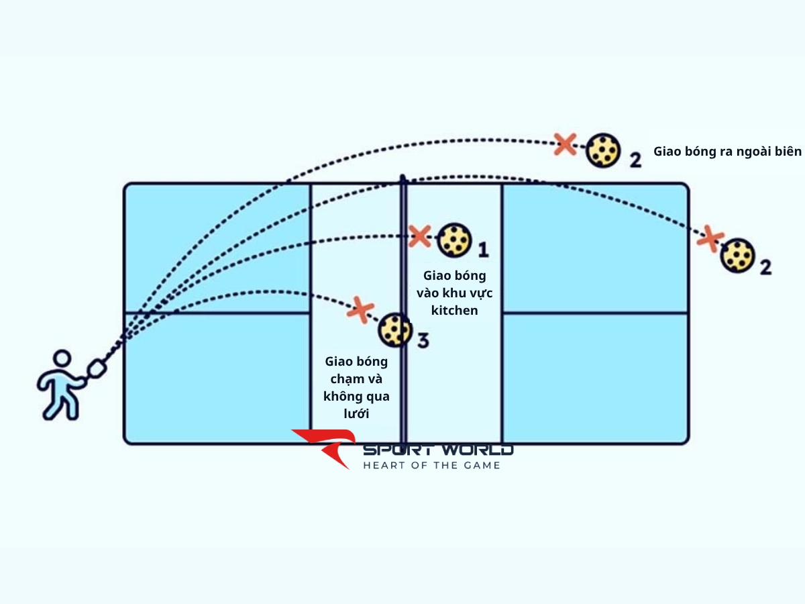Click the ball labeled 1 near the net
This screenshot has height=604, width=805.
point(454,240)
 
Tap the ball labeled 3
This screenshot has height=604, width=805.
point(395,330)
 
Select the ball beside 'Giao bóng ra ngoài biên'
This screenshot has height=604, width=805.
point(602,150)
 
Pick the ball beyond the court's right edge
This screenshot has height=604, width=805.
point(738,255)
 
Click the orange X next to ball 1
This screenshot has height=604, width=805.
point(420,236)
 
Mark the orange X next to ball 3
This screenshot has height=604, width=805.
point(361,309)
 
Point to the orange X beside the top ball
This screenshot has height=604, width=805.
point(566,143)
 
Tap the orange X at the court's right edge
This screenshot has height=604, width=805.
point(710,238)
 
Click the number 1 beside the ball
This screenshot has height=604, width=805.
point(482,251)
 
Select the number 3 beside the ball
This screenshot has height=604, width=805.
point(423,341)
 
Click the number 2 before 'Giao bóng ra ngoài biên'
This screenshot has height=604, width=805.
point(635,160)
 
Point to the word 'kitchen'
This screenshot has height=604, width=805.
point(454,310)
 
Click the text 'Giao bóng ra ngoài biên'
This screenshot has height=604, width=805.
point(727,152)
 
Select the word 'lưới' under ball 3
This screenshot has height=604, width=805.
point(356,413)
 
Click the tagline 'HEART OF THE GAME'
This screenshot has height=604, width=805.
point(431,465)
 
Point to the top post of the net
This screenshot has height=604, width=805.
point(402,179)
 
